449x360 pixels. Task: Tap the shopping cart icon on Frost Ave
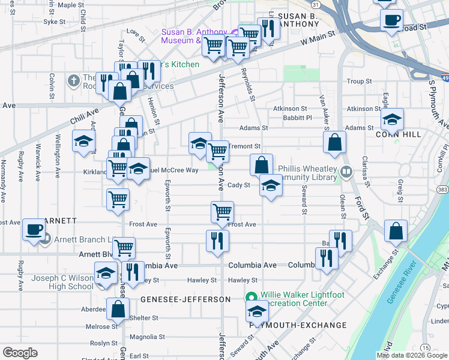(x=222, y=212)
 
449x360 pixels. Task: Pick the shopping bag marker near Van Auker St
(x=334, y=143)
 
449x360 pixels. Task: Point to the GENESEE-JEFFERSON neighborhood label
(x=185, y=299)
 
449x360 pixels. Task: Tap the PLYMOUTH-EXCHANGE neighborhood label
(x=298, y=325)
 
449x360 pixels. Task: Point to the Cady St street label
(x=238, y=185)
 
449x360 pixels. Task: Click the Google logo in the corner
(x=20, y=352)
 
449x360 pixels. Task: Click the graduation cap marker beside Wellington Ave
(x=83, y=142)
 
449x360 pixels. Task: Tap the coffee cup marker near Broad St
(x=391, y=20)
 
